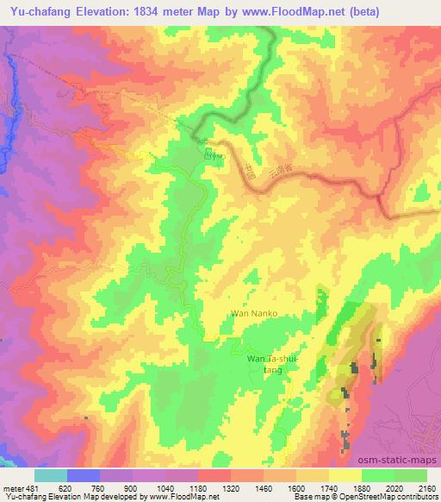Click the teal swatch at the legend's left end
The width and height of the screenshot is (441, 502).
[x=50, y=475]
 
